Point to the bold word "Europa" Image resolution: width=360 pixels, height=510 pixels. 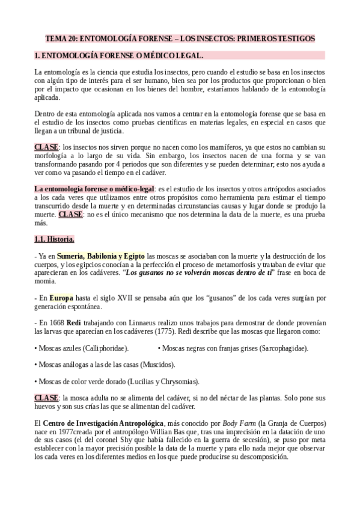click(x=61, y=297)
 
